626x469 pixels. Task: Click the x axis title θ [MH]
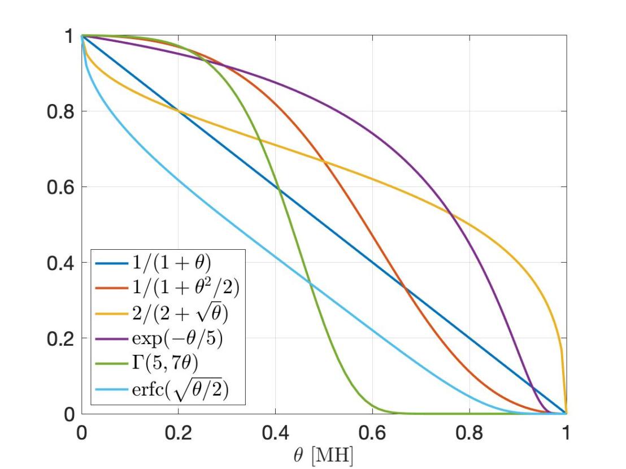pos(324,454)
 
